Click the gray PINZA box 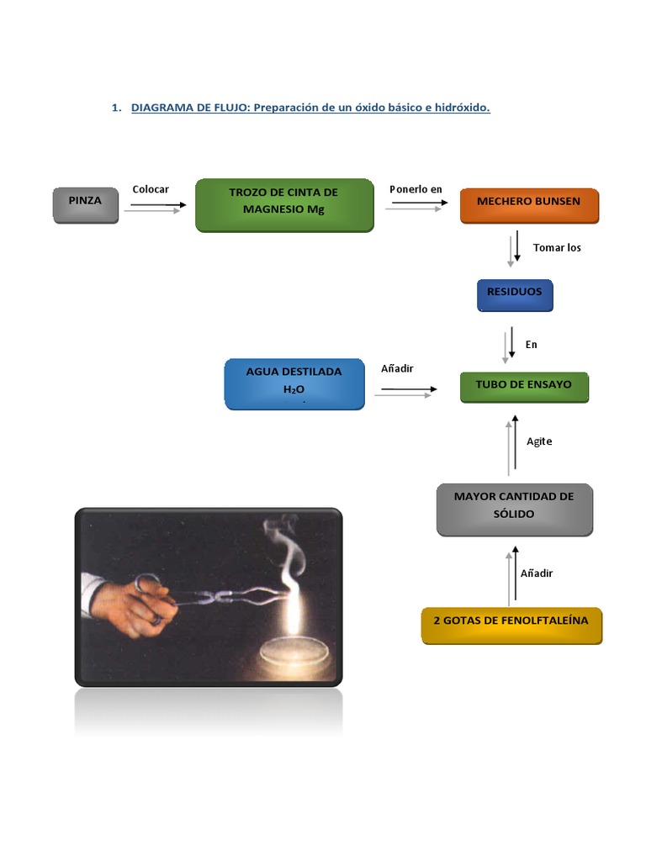click(x=86, y=205)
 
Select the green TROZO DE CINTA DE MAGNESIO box click(x=283, y=204)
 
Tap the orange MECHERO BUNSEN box click(x=528, y=204)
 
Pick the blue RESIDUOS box click(x=514, y=294)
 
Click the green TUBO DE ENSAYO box click(x=523, y=387)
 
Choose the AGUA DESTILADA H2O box click(x=294, y=383)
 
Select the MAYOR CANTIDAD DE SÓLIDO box click(x=514, y=508)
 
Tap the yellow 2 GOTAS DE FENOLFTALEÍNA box click(x=511, y=625)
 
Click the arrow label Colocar click(x=151, y=189)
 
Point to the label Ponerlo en click(x=416, y=189)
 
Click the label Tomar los click(x=557, y=247)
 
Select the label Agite click(x=539, y=441)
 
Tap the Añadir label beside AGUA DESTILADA click(x=397, y=368)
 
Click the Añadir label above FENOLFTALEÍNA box click(x=537, y=573)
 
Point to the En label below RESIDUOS click(x=531, y=345)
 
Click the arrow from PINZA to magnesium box click(x=156, y=207)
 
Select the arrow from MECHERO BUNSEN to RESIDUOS click(x=514, y=249)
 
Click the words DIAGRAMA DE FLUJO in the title click(x=190, y=108)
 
